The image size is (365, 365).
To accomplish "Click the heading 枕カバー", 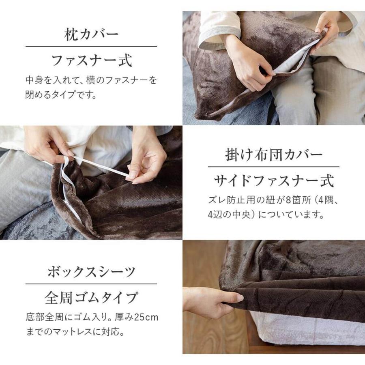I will click(91, 34).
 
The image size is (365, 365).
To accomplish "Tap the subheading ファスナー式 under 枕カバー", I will click(91, 61).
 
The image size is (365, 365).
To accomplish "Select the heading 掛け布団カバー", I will click(274, 154).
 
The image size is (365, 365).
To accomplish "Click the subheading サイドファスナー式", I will click(274, 181).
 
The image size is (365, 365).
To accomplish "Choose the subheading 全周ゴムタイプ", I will click(91, 298).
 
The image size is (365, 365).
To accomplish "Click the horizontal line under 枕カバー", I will click(91, 46).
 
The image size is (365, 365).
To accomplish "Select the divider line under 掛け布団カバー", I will click(274, 167).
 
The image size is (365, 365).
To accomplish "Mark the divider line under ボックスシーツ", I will click(91, 284).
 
